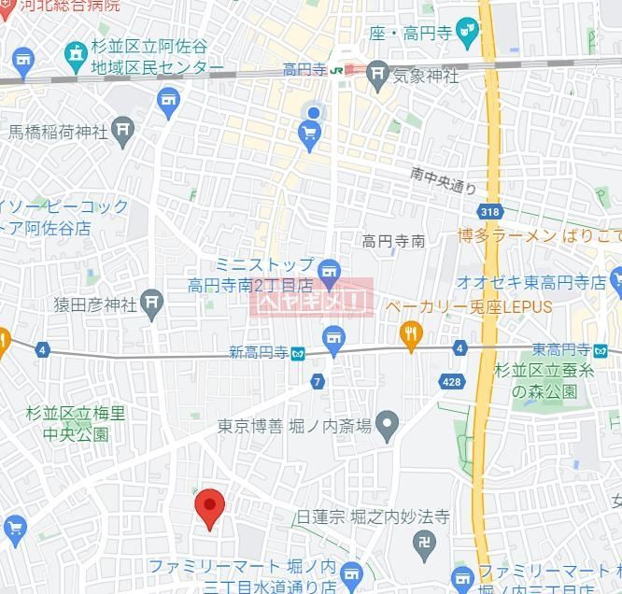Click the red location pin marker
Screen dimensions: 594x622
209,507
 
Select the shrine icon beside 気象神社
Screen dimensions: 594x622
377,72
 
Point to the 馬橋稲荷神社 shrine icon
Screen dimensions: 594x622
122,131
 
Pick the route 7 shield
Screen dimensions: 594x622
318,381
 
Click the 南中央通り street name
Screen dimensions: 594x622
444,180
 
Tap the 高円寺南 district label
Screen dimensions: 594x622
393,241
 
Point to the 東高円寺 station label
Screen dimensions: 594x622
560,349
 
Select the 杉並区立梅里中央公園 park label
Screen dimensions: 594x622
75,422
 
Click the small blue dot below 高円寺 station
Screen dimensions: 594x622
314,113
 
